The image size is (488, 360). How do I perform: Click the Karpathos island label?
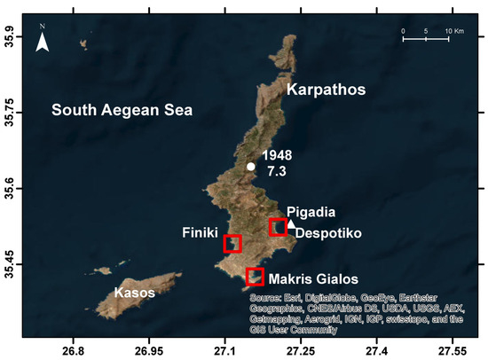tap(325, 90)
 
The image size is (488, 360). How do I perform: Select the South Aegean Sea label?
tap(122, 111)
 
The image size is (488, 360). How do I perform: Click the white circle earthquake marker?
tap(251, 167)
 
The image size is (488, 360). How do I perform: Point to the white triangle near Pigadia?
tap(291, 223)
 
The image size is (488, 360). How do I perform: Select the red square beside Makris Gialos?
tap(255, 277)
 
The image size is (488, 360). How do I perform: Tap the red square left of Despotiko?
tap(278, 227)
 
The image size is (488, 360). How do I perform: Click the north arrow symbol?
tap(42, 41)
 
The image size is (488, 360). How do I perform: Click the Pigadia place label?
tap(313, 212)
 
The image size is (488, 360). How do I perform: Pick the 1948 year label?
tap(276, 154)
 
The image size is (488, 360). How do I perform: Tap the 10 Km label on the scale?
tap(453, 31)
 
